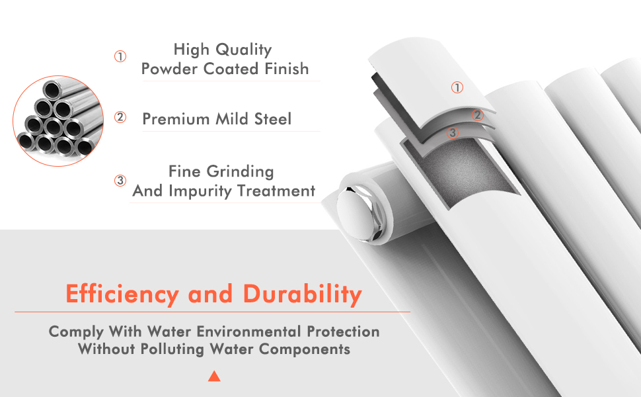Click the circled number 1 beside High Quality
point(120,56)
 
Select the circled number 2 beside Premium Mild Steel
point(120,117)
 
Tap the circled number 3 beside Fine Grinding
point(120,180)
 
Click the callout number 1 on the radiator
point(457,87)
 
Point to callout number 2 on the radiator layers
point(478,115)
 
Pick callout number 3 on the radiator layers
point(452,132)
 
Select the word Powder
point(170,68)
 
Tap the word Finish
point(287,68)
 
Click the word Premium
point(176,118)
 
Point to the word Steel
point(273,118)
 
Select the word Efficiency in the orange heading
point(122,294)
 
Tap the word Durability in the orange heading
point(303,294)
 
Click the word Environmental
point(248,331)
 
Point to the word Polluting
point(172,349)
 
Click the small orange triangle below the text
point(214,376)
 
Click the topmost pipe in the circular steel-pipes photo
point(53,89)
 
